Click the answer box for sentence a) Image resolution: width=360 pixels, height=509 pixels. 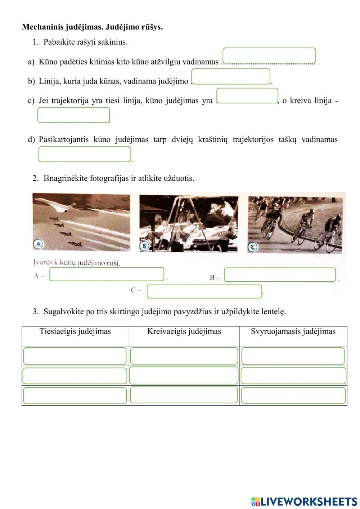(x=269, y=56)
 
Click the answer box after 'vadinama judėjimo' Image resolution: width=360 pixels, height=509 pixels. (x=230, y=76)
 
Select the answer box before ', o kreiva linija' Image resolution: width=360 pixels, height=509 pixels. (x=247, y=96)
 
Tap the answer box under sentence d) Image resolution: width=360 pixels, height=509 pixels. (x=85, y=154)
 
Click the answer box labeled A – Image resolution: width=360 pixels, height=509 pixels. (x=107, y=274)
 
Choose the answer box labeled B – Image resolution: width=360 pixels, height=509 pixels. (x=280, y=274)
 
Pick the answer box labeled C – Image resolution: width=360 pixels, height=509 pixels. (x=204, y=291)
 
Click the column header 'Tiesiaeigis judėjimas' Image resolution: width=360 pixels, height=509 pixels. (x=75, y=331)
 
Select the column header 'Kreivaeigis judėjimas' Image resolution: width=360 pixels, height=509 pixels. (x=184, y=331)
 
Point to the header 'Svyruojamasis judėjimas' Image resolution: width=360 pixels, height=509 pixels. (x=293, y=331)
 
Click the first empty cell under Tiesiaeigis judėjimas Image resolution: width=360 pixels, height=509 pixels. (x=75, y=356)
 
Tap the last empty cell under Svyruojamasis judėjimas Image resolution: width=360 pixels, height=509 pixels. (x=293, y=396)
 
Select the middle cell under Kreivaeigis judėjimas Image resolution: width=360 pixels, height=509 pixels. (x=184, y=376)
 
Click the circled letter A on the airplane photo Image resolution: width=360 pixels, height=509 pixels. (x=38, y=245)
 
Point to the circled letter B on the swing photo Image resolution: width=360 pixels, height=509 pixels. (x=144, y=246)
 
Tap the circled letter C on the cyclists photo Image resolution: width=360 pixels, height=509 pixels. (x=252, y=247)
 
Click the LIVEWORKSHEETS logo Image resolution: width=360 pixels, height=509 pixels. (x=304, y=501)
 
